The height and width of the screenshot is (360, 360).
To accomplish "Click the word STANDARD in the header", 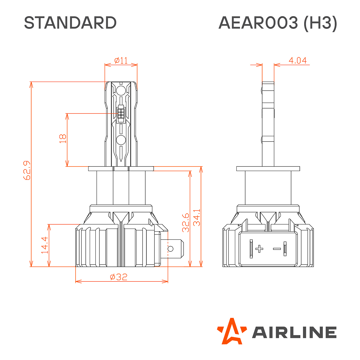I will tap(70, 23).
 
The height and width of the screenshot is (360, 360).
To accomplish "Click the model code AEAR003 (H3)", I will tap(278, 23).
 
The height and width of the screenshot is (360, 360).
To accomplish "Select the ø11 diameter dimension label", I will tap(121, 61).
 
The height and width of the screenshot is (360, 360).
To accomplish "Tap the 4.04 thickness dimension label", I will tap(297, 61).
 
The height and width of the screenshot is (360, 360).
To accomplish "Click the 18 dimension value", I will tap(63, 139).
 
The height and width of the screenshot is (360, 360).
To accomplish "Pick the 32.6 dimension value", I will tap(186, 223).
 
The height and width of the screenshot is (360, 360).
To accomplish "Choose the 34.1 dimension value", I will tap(197, 217).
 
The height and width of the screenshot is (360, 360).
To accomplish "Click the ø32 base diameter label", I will tap(119, 277).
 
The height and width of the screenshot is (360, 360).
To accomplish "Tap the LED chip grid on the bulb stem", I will tap(121, 113).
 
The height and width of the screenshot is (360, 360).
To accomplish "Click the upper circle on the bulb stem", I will tap(121, 90).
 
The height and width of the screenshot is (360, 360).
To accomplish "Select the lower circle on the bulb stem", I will tap(121, 139).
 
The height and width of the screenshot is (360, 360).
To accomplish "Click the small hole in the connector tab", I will tap(170, 249).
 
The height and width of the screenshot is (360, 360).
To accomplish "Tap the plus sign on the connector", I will tap(259, 249).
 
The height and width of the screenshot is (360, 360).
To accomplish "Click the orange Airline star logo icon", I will tap(231, 331).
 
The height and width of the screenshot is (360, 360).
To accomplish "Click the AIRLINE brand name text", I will tap(294, 332).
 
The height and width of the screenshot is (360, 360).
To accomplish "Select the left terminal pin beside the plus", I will tap(251, 249).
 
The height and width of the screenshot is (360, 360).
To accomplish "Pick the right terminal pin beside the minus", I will tap(285, 249).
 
